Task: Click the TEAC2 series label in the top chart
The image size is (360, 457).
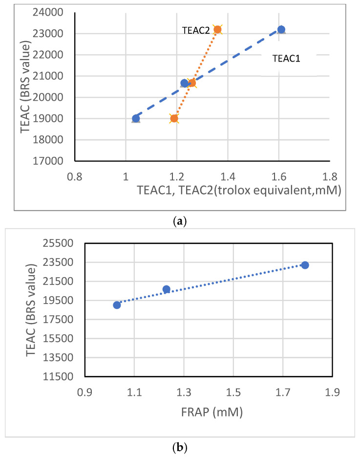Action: coord(196,30)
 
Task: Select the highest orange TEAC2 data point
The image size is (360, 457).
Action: coord(217,29)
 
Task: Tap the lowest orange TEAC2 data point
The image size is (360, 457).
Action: coord(174,118)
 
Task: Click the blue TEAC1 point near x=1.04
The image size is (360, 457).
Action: coord(136,118)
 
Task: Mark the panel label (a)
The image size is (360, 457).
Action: coord(180,221)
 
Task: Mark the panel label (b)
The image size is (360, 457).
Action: coord(180,447)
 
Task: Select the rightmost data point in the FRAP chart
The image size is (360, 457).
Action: coord(305,265)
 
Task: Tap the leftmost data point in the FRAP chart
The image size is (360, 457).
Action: coord(117,305)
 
